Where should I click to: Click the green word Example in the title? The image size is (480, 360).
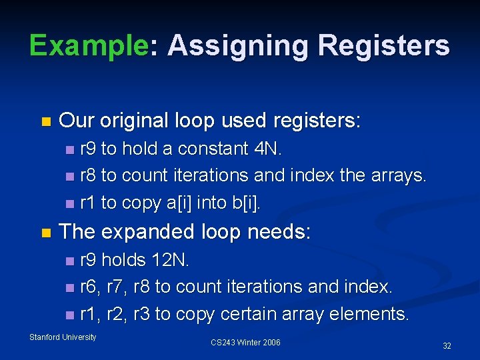[88, 46]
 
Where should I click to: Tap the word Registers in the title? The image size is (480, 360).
[384, 46]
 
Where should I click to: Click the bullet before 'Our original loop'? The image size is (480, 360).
[45, 122]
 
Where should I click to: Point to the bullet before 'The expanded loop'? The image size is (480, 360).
[45, 233]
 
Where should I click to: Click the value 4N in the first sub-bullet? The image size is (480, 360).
[268, 149]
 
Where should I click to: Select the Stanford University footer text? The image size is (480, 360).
[63, 337]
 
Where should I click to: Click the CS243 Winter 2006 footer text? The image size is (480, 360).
[245, 343]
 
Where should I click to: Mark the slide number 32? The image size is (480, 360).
[447, 346]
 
